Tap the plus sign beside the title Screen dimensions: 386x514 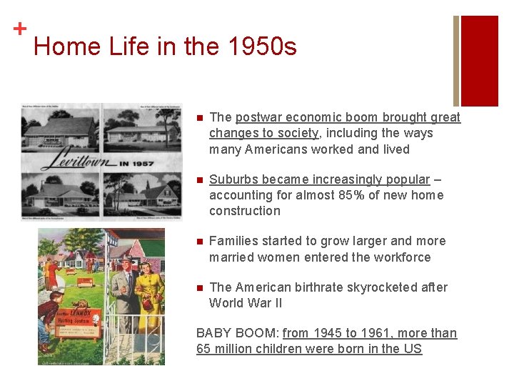point(19,29)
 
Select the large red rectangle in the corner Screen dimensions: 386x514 point(479,61)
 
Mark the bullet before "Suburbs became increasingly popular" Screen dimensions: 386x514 point(201,180)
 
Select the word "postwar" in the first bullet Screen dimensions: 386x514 point(258,117)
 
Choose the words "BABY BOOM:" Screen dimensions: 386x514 point(237,333)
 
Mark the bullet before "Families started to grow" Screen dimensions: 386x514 point(201,242)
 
